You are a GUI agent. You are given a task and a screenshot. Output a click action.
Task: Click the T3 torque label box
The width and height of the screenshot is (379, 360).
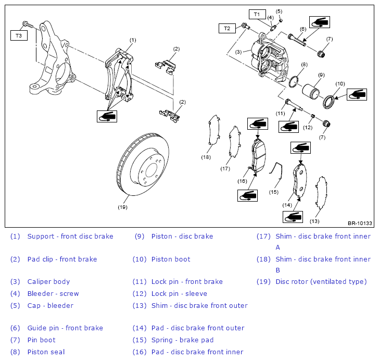pos(19,35)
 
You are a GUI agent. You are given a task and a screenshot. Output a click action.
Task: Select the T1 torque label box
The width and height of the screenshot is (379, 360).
pos(257,14)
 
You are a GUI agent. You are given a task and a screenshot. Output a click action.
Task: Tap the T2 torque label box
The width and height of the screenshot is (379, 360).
pos(227,28)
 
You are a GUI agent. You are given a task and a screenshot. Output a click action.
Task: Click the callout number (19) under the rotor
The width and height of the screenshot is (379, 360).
pos(122,207)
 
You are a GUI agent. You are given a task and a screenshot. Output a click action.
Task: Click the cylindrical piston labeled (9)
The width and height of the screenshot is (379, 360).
pos(311,92)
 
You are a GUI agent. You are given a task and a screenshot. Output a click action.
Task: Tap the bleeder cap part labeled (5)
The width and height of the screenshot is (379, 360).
pos(281,20)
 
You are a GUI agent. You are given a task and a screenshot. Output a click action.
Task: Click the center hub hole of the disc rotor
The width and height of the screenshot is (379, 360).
pos(151,170)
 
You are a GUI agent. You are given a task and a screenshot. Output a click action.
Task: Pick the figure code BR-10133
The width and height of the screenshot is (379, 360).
pos(360,224)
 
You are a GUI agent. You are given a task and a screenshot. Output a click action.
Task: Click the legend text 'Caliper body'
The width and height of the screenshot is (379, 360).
pos(48,282)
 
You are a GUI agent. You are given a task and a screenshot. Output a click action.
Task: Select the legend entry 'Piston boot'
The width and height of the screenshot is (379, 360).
pos(171,259)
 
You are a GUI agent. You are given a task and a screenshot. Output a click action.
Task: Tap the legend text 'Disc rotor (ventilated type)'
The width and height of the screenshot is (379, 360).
pos(321,282)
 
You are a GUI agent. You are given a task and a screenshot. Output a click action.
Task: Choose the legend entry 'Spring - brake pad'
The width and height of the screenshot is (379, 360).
pos(183,340)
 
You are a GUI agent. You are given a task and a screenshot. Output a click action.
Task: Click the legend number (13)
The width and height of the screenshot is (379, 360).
pos(140,306)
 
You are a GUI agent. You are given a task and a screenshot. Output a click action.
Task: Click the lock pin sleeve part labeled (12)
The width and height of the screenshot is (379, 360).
pos(312,116)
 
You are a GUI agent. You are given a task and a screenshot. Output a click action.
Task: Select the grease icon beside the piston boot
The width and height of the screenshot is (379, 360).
pos(357,94)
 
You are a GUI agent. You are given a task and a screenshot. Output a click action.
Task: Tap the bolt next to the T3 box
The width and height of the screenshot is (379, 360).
pos(27,24)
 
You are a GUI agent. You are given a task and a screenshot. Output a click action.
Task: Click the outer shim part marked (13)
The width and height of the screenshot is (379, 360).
pos(321,192)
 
